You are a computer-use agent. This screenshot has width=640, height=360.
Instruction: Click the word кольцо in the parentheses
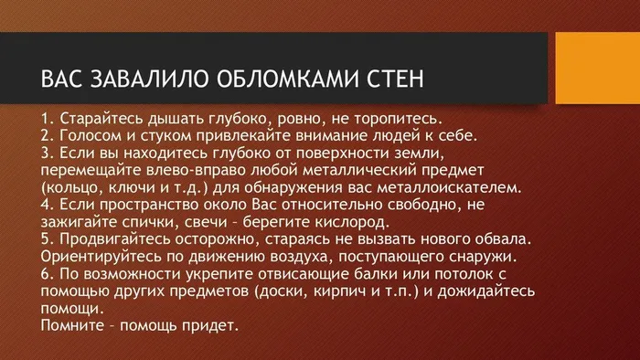pos(71,188)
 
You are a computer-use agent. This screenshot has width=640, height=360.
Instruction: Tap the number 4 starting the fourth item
pos(47,206)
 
